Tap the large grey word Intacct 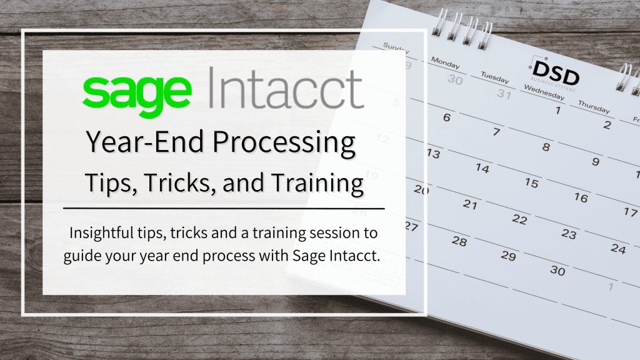point(285,89)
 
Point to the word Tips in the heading point(110,182)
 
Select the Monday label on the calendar point(445,62)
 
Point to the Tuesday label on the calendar point(495,77)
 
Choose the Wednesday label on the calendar point(544,92)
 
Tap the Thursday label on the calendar point(594,107)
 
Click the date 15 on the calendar point(531,182)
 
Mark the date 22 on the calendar point(519,219)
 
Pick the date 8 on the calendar point(546,147)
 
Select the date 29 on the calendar point(508,256)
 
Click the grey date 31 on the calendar point(504,94)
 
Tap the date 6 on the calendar point(447,117)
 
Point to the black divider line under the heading point(224,208)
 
